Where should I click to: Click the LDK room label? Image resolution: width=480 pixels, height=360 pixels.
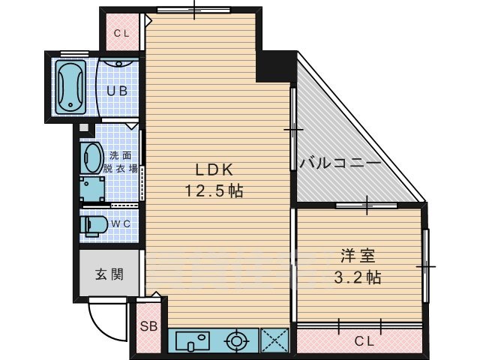pos(214,170)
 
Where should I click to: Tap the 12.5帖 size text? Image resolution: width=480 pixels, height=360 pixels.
pos(214,191)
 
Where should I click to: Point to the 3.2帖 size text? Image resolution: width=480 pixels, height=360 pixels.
pos(357,277)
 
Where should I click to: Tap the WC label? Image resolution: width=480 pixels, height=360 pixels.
pos(121,224)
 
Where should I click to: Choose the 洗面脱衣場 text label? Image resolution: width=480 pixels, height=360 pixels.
pos(123,163)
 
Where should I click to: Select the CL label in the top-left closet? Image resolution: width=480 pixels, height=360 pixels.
pos(121,33)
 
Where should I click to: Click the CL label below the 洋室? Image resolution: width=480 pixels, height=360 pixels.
pos(364,341)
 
